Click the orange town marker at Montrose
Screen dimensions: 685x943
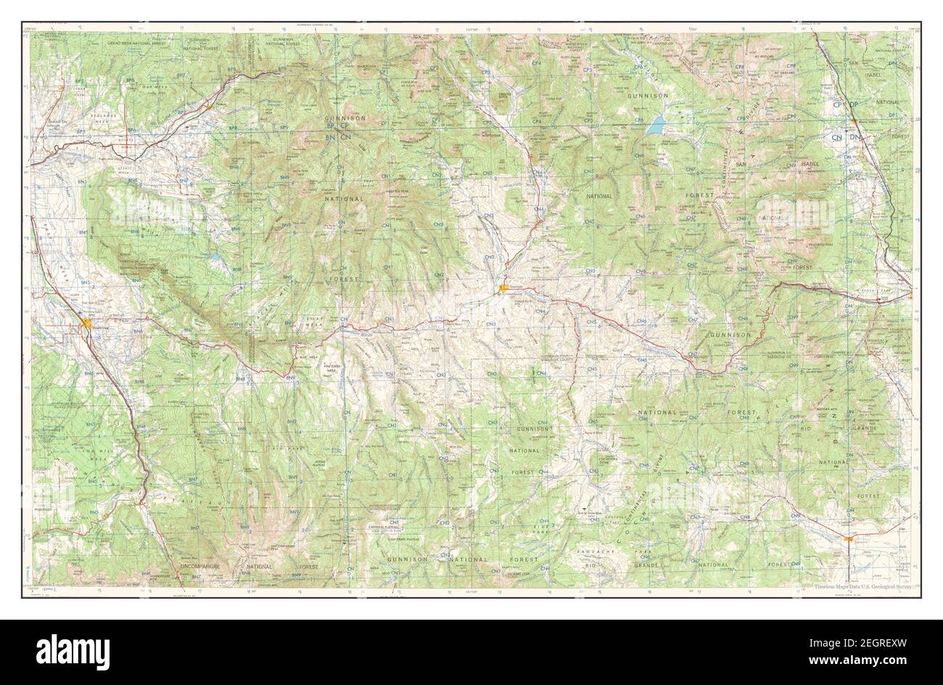tap(87, 324)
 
